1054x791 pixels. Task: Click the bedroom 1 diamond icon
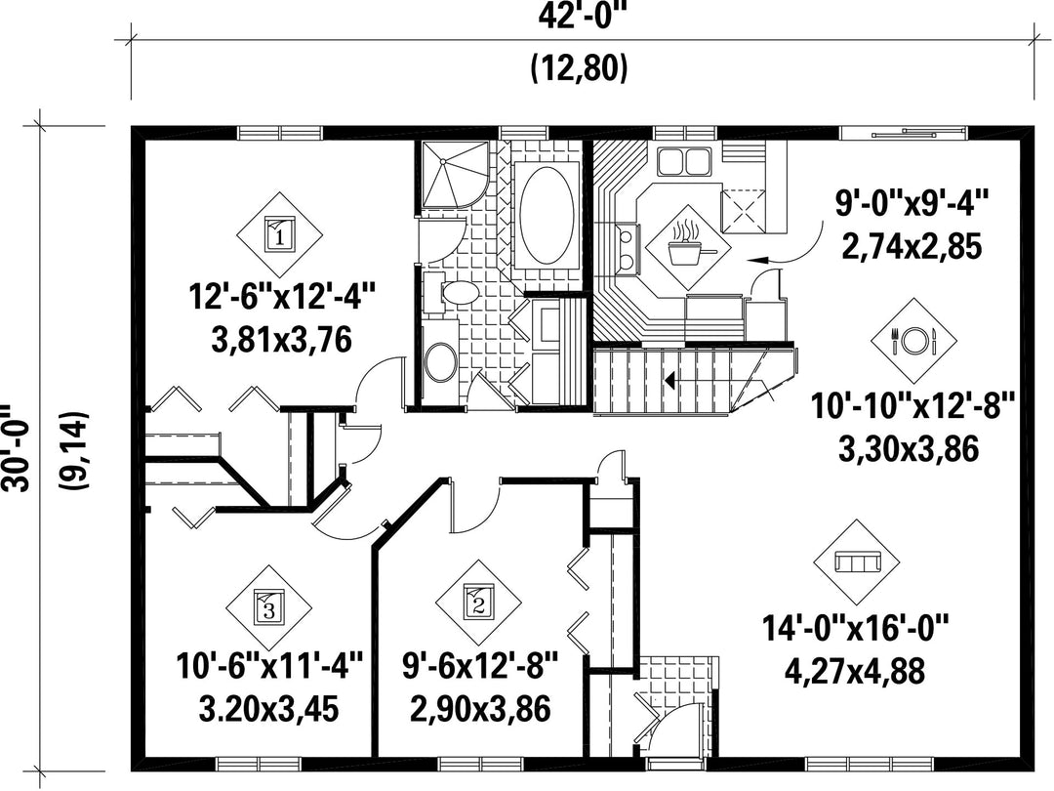(279, 234)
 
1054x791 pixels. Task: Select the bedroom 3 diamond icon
(269, 608)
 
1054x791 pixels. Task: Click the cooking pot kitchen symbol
(688, 249)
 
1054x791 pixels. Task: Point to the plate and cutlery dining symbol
(913, 341)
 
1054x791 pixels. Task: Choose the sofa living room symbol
(857, 562)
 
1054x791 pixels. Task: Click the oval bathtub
(547, 217)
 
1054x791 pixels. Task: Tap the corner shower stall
(448, 174)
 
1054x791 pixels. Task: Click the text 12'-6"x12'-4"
(281, 297)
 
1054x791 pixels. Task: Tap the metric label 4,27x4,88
(855, 671)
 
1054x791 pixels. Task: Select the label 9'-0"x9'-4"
(912, 204)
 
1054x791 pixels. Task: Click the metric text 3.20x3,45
(269, 709)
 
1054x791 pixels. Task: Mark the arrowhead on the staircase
(669, 380)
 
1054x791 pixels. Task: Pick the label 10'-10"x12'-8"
(912, 406)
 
